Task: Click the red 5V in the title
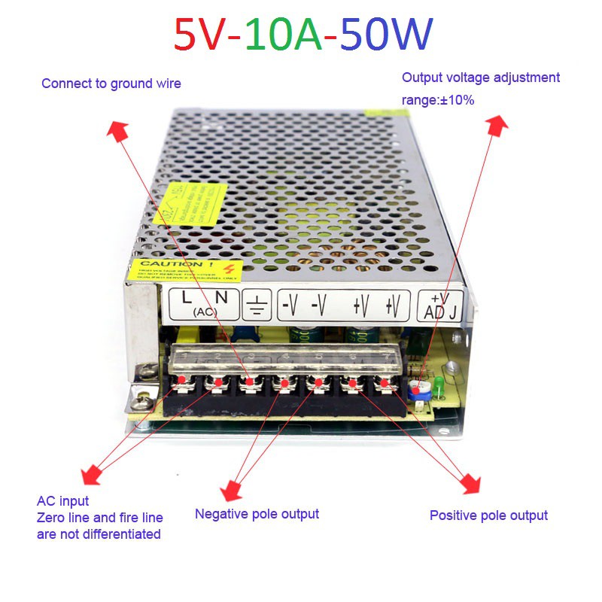pos(201,35)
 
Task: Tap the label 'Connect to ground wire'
pos(111,84)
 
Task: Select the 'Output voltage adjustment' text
pos(481,78)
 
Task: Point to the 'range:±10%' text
pos(438,99)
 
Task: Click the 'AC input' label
pos(62,500)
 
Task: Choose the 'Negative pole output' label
pos(257,514)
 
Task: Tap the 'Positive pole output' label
pos(488,515)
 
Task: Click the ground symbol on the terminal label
pos(257,305)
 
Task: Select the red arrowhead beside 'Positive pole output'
pos(470,482)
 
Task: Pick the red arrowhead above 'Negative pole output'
pos(231,490)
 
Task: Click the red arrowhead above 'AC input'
pos(92,475)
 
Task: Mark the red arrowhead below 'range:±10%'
pos(498,124)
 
